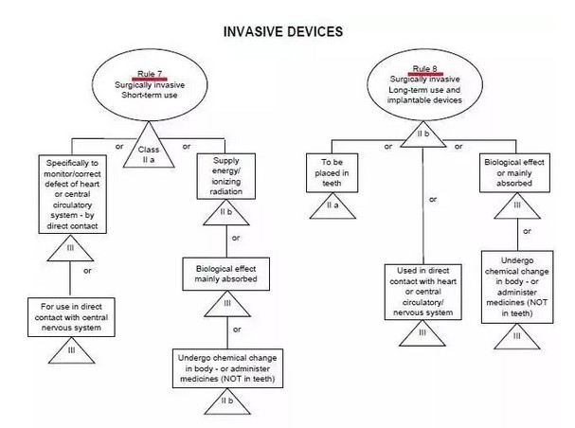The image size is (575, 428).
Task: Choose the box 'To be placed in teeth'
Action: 337,168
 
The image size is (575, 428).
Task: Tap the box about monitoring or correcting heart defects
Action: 72,195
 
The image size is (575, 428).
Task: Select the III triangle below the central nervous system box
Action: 72,349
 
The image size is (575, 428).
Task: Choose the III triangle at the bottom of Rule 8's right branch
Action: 517,334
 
